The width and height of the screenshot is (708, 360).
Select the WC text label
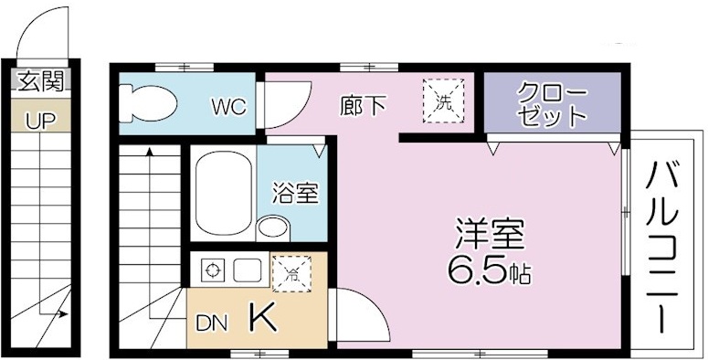228,107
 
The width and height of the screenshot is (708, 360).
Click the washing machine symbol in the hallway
442,100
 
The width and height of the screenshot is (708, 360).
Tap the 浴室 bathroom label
295,193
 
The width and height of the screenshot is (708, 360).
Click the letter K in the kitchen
261,318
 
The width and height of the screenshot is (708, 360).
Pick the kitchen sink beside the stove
247,270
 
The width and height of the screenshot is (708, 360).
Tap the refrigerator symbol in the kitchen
291,271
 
